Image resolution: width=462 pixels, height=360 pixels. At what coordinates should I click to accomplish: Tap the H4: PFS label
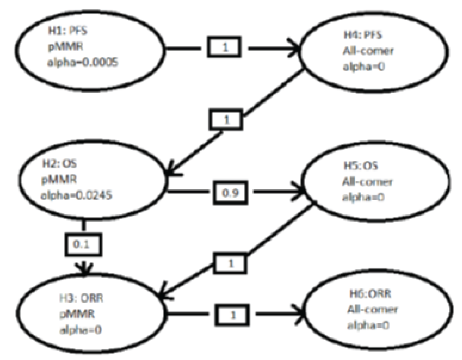point(363,35)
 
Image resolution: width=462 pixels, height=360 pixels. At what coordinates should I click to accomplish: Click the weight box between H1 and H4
point(224,47)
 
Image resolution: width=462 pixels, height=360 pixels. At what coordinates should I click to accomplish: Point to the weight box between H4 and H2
point(226,120)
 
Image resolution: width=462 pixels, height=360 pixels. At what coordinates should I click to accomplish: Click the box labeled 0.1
point(82,244)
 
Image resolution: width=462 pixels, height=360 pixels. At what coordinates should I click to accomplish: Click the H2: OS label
point(59,163)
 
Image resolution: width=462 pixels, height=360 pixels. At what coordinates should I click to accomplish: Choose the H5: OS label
point(361,166)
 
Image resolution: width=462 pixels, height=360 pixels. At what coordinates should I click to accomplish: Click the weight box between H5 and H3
point(230,263)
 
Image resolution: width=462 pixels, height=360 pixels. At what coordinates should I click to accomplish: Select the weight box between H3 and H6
point(233,315)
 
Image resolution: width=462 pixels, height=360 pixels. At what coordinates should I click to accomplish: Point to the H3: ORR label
point(81,298)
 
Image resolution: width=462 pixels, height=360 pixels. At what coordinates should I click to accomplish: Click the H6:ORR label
point(370,294)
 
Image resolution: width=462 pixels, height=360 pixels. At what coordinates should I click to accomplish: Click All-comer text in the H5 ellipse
point(367,182)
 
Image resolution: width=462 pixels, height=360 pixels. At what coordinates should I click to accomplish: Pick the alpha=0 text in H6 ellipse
point(368,325)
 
